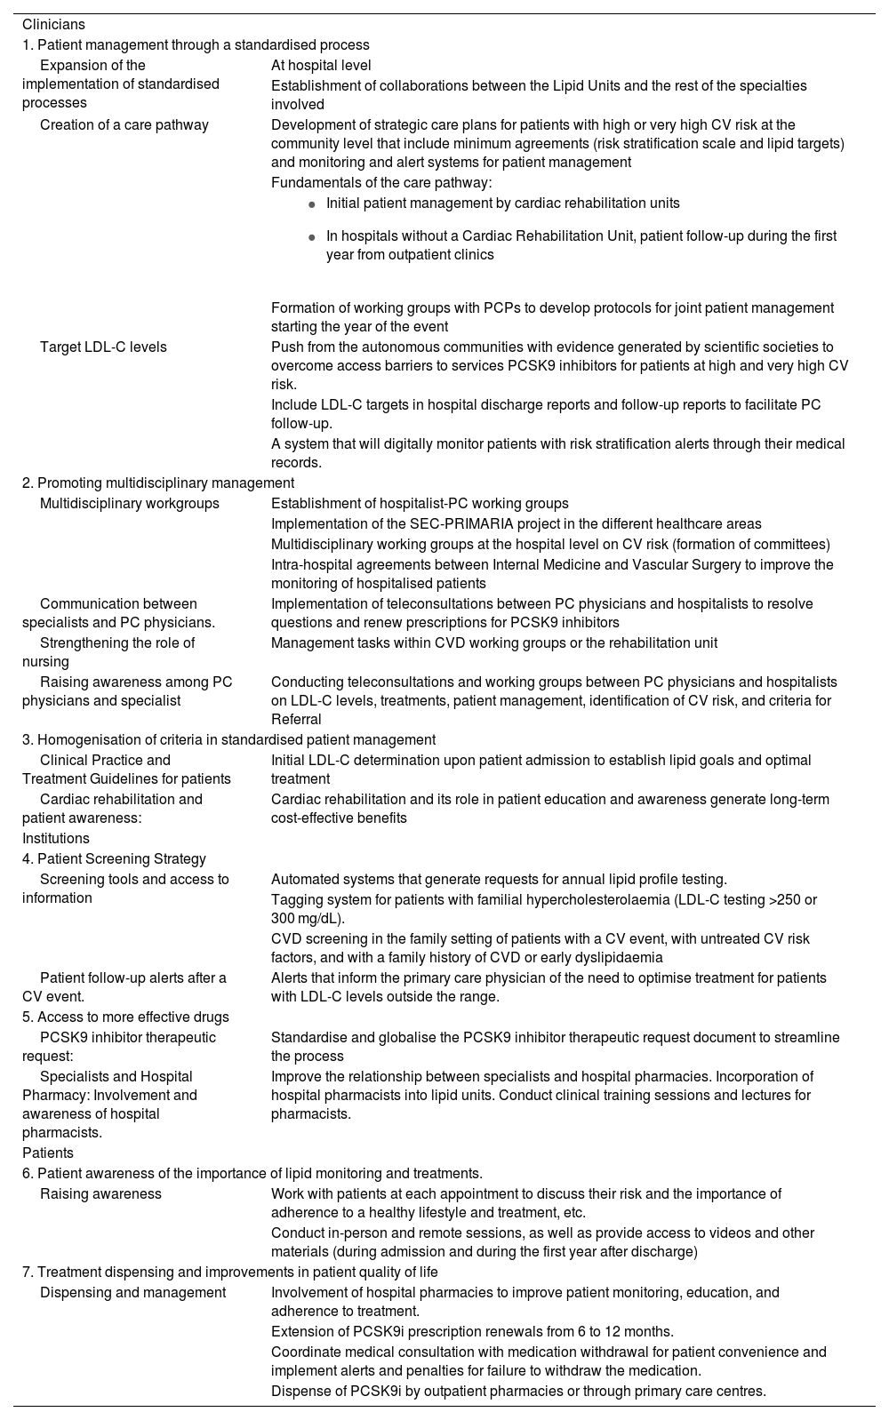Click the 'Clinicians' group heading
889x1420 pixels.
(x=53, y=25)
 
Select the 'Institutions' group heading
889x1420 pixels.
(x=56, y=838)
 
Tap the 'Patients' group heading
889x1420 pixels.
(x=48, y=1153)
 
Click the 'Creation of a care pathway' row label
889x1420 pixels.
(x=124, y=124)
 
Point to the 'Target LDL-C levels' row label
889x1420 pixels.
(x=103, y=347)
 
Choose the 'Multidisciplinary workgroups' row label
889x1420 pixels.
(x=129, y=503)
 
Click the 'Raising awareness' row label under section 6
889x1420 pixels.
(x=100, y=1193)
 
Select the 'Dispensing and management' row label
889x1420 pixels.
(x=132, y=1292)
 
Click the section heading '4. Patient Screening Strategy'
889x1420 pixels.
(x=114, y=858)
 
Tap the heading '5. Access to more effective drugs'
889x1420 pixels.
(x=125, y=1017)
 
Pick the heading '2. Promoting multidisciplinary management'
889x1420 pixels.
(x=158, y=483)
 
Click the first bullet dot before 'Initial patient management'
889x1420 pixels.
(x=311, y=204)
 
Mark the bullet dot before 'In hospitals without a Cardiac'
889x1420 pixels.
(x=311, y=237)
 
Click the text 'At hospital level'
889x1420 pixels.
(x=321, y=65)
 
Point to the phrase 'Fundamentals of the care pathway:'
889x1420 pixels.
(x=381, y=182)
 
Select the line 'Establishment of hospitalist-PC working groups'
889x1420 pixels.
(x=420, y=503)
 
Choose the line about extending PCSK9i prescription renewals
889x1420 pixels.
(x=472, y=1331)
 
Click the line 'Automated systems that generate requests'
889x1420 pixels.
(x=499, y=879)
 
